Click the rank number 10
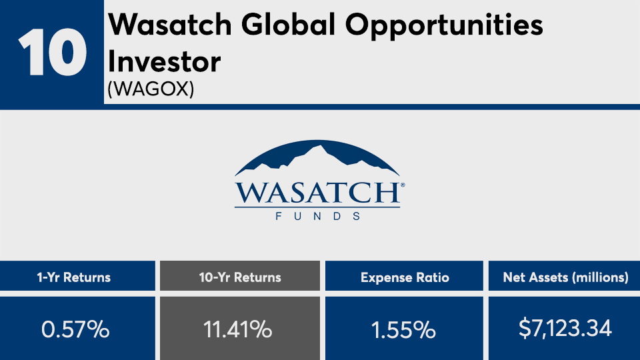coord(52,52)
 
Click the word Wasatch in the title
coord(170,25)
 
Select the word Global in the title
coord(288,25)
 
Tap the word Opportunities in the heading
coord(444,26)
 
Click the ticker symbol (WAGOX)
coord(151,89)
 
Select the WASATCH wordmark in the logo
coord(317,193)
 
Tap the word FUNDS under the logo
coord(317,216)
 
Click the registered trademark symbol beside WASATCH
coord(403,185)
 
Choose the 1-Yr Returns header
coord(74,277)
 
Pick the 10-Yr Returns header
coord(240,277)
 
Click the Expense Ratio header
coord(405,278)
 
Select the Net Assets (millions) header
coord(566,277)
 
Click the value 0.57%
coord(75,329)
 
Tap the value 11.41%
coord(237,329)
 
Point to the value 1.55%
coord(403,329)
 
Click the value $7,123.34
coord(565,329)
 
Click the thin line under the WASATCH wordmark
coord(317,208)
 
